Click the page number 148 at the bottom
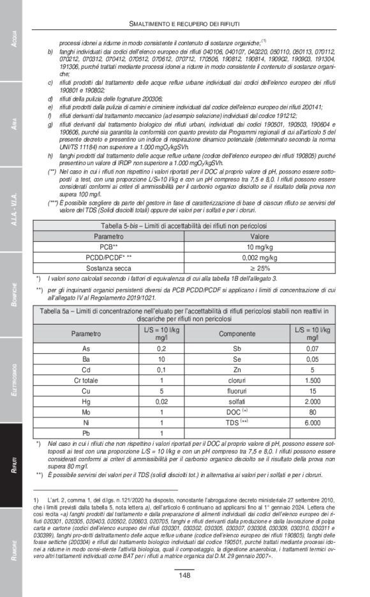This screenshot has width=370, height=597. pyautogui.click(x=184, y=575)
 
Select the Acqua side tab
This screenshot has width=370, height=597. pyautogui.click(x=13, y=39)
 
